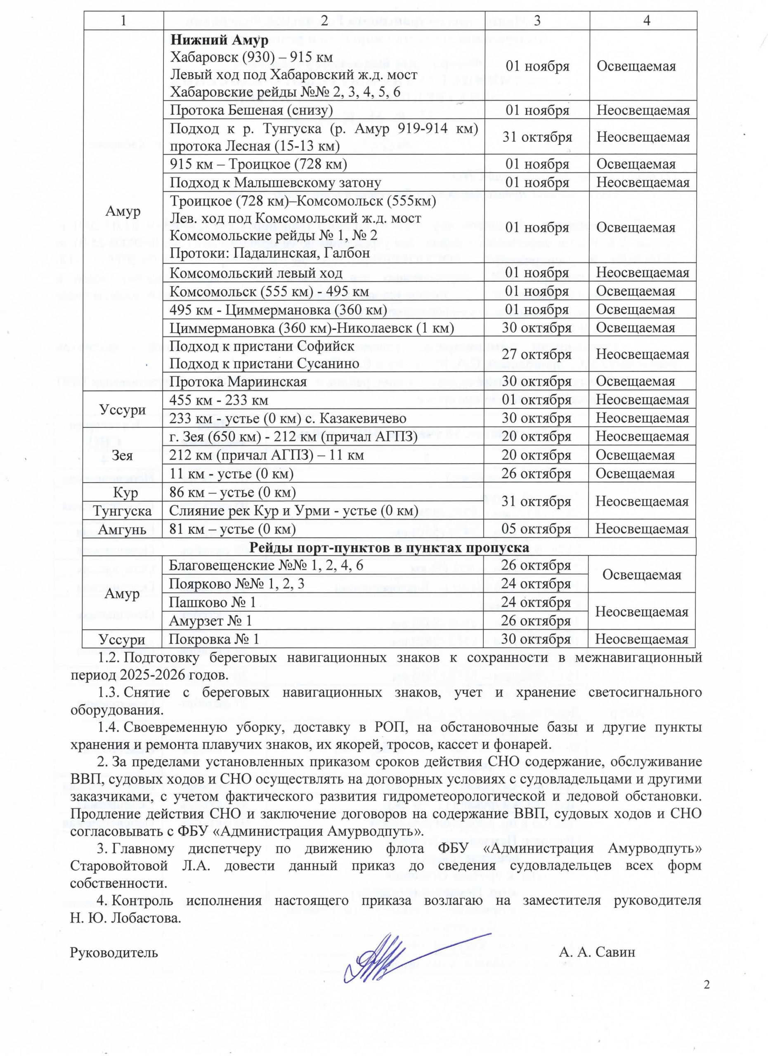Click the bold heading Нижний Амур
click(219, 40)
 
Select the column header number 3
click(537, 20)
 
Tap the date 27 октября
click(536, 354)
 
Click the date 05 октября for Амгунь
click(536, 529)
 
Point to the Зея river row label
click(123, 455)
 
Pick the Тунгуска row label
click(123, 511)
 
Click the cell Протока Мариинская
click(238, 381)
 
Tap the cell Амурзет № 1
click(211, 621)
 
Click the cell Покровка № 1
click(214, 639)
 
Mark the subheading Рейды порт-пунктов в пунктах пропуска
click(389, 547)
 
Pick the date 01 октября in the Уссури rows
click(536, 399)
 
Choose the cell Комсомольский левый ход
click(256, 272)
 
